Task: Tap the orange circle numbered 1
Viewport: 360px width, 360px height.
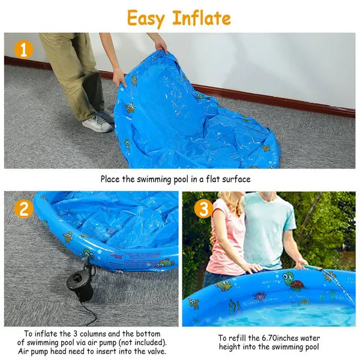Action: pyautogui.click(x=23, y=49)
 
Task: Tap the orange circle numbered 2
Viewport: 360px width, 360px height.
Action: pyautogui.click(x=23, y=209)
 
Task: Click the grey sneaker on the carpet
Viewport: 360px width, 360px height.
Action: pyautogui.click(x=97, y=123)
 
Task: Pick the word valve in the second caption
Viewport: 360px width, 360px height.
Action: pyautogui.click(x=152, y=352)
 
